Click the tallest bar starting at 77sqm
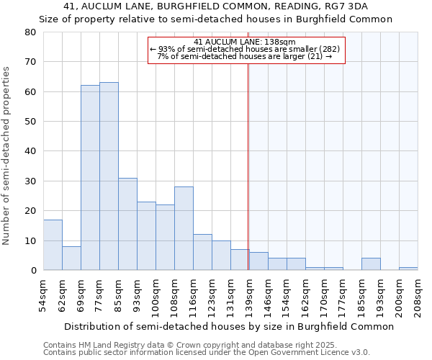[109, 176]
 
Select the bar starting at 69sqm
[90, 178]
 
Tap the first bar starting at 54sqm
[53, 245]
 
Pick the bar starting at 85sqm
[127, 224]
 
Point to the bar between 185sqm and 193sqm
[371, 264]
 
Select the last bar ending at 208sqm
[408, 269]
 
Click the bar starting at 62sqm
[71, 258]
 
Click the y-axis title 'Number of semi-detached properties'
[7, 156]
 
